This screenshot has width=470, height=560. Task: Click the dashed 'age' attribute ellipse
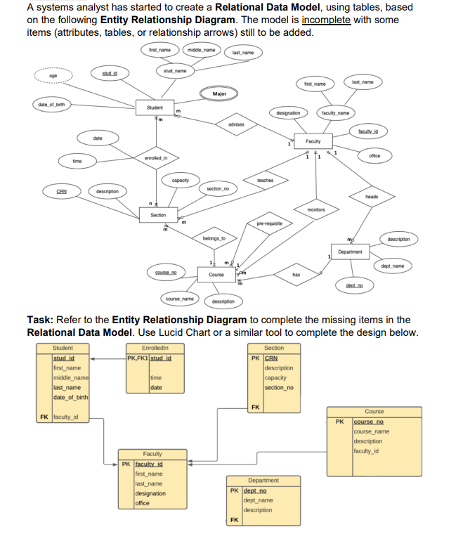tap(53, 77)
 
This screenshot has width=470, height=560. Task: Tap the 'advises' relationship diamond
tap(236, 124)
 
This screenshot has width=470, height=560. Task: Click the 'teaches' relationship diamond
tap(266, 181)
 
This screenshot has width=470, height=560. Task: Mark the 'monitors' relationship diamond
tap(316, 209)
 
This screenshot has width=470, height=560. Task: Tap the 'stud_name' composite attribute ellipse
tap(175, 71)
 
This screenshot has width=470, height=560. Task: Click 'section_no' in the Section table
tap(279, 388)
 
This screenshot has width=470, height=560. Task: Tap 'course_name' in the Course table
tap(372, 431)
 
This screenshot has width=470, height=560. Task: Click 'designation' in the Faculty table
tap(150, 493)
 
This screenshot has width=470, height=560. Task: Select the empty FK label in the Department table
tap(234, 520)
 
